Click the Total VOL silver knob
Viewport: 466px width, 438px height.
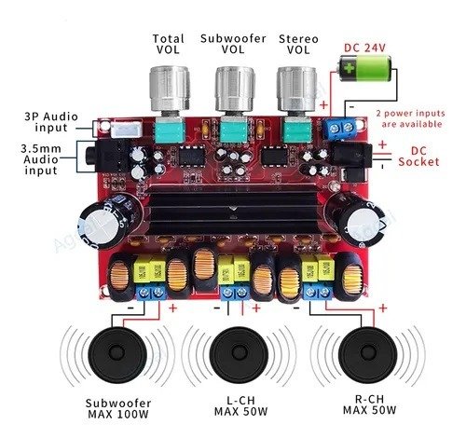point(170,89)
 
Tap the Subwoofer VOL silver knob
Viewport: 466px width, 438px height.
point(235,89)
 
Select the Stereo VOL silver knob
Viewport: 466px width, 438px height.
point(296,89)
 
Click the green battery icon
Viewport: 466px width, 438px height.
point(364,69)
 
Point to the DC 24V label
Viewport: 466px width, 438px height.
point(364,48)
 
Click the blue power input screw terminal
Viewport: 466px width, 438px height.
point(341,129)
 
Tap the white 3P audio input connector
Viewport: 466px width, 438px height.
point(127,130)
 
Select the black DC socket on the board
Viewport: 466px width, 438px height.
point(352,155)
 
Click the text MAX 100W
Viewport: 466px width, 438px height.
point(118,414)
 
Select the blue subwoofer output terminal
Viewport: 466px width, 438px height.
point(151,293)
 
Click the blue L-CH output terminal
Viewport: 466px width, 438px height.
point(235,294)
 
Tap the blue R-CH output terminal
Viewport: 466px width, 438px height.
point(318,293)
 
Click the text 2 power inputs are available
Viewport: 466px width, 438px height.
point(411,118)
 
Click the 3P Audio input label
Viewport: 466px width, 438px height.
point(51,122)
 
